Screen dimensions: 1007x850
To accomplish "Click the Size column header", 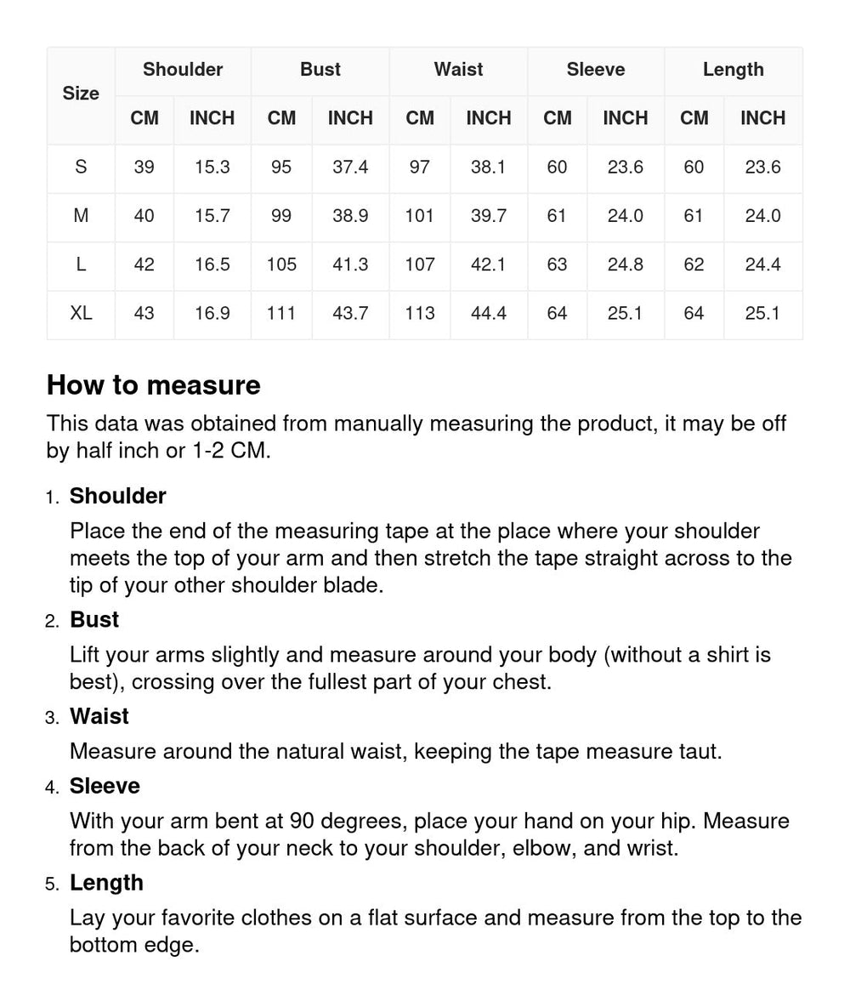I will point(81,94).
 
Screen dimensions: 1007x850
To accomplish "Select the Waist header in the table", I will point(458,70).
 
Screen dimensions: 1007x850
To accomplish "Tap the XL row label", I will point(81,313).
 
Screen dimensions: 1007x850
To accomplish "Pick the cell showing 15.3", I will point(212,167).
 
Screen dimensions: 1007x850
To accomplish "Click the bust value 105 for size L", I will point(281,265).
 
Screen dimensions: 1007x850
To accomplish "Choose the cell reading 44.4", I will point(489,313).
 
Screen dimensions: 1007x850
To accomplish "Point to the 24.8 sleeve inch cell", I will point(625,265).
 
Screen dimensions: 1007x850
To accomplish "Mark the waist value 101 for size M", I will point(420,216).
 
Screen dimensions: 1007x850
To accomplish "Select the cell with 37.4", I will point(350,167).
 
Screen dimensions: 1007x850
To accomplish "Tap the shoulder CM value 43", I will point(144,313).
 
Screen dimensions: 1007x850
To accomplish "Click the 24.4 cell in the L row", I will point(762,265).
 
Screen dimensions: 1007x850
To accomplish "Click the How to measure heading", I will point(154,385).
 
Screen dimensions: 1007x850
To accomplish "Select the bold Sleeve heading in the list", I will point(105,786).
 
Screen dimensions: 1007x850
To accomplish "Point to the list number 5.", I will point(52,885).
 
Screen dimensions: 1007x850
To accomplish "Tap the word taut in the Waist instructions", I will point(698,752).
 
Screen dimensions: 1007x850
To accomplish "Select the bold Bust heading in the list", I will point(94,620).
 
